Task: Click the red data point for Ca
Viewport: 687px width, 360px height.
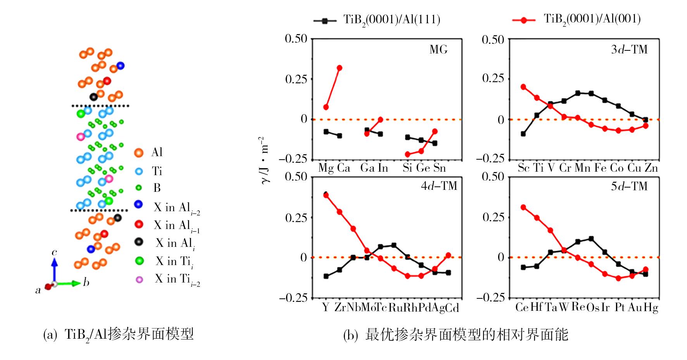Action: point(340,68)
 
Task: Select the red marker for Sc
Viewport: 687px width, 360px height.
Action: point(523,87)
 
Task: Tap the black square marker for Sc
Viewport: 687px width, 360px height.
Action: point(523,134)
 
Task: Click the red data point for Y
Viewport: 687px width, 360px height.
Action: point(326,195)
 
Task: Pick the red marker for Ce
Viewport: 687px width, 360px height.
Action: point(523,207)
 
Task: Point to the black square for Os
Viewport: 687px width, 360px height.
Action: point(591,239)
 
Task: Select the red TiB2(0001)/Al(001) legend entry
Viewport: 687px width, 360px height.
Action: point(576,19)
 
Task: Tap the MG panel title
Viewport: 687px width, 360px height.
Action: point(438,50)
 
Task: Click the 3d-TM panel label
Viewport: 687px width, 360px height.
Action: point(629,50)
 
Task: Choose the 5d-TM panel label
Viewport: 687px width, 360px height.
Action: point(629,186)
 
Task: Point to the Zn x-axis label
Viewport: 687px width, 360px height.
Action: point(651,168)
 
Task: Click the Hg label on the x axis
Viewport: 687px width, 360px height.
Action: point(651,308)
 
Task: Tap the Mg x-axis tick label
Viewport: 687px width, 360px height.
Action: point(326,168)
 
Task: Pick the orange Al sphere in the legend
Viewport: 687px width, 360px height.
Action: point(138,153)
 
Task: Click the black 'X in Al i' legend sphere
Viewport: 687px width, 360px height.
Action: point(138,243)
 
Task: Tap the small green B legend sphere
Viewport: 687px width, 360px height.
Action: point(138,188)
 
